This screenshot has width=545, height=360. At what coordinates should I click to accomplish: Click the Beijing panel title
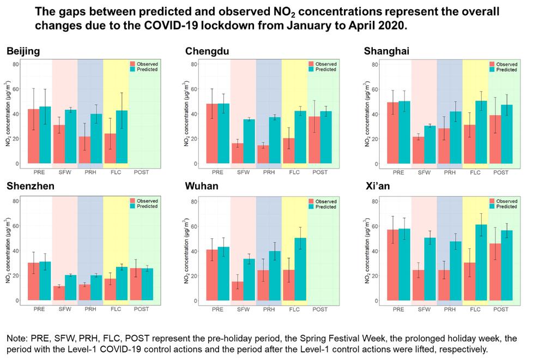23,52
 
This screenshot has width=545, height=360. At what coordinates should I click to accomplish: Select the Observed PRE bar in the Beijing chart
34,136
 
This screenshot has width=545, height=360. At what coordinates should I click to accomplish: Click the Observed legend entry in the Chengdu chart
326,64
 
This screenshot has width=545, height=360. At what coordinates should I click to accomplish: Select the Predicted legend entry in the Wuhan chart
326,207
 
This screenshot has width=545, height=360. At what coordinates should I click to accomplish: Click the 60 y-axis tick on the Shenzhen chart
16,226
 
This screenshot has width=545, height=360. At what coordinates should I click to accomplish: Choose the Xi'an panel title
379,187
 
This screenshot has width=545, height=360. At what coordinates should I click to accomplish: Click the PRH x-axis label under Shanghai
449,172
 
